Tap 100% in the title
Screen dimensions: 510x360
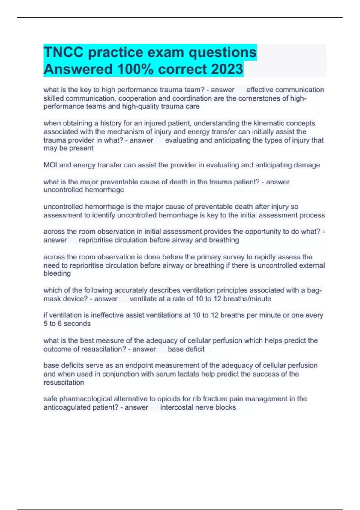pos(135,69)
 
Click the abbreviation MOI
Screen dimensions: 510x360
pos(50,165)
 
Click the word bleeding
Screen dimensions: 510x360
pos(57,274)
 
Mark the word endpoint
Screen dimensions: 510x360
pos(140,366)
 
